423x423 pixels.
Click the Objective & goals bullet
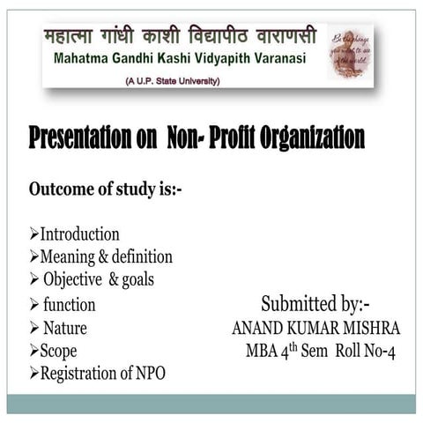[98, 280]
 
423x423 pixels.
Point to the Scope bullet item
[59, 351]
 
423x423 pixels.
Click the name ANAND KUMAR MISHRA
[315, 328]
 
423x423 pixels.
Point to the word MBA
[263, 351]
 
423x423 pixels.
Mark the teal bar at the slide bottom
[211, 404]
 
